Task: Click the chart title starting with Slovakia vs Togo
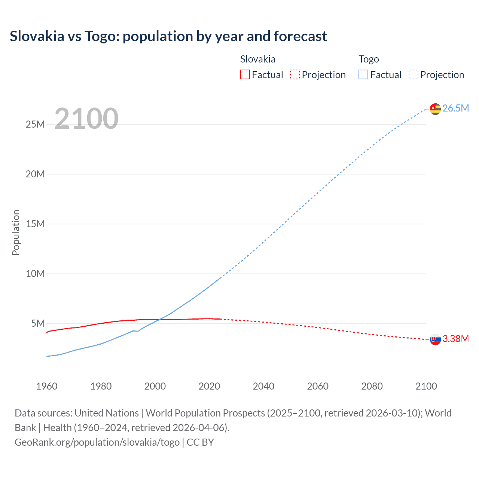point(168,36)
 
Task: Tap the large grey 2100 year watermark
point(86,119)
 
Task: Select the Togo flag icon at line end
point(435,109)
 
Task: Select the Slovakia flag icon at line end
point(435,339)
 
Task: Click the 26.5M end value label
point(455,108)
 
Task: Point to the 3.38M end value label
point(455,339)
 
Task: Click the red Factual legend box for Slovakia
point(245,74)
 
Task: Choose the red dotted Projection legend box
point(295,74)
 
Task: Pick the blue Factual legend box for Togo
point(363,74)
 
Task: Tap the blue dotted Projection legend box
point(414,74)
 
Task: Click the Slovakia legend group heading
point(257,59)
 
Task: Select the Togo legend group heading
point(369,59)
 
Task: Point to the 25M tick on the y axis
point(35,124)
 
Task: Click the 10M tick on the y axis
point(35,274)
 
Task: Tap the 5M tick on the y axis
point(38,323)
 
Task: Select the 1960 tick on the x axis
point(47,386)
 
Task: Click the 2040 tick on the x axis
point(263,386)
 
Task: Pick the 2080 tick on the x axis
point(372,386)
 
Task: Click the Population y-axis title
point(16,232)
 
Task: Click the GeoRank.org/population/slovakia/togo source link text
point(97,442)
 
